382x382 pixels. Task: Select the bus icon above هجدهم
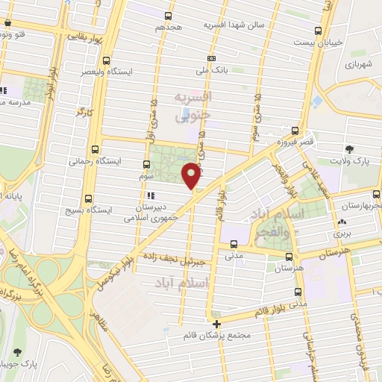169,16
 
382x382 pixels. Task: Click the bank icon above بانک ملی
213,58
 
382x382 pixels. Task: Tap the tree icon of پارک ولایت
350,149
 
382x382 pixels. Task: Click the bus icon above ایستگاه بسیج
90,198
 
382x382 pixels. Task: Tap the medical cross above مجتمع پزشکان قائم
217,324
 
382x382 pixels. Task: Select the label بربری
342,234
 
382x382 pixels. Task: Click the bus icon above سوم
146,163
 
